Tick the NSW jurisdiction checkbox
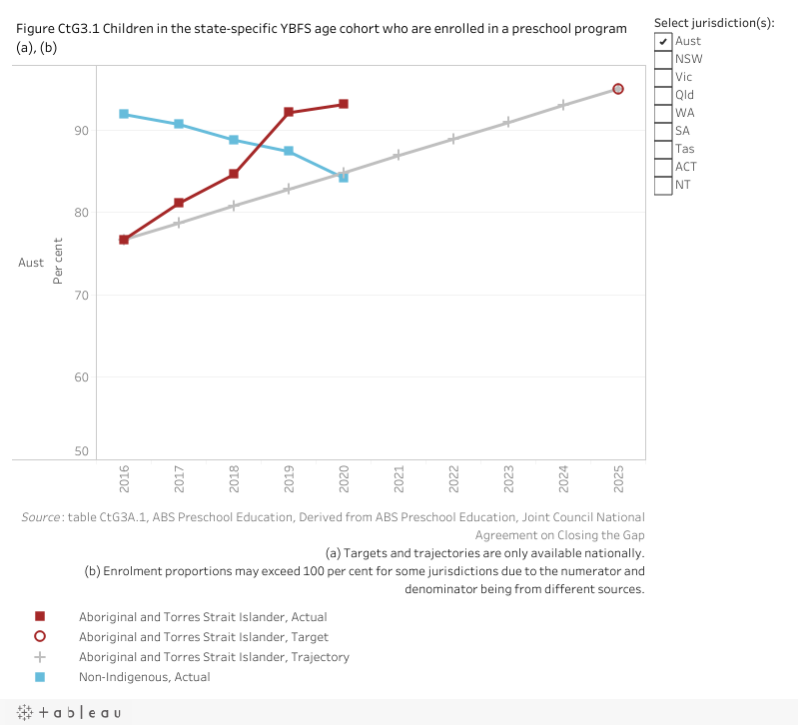pyautogui.click(x=663, y=59)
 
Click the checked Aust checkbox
pyautogui.click(x=663, y=41)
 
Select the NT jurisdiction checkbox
pyautogui.click(x=663, y=185)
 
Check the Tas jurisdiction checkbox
pyautogui.click(x=663, y=149)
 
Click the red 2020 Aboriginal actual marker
pyautogui.click(x=344, y=104)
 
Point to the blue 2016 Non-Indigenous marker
pyautogui.click(x=124, y=114)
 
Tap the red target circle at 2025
pyautogui.click(x=618, y=89)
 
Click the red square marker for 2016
pyautogui.click(x=124, y=240)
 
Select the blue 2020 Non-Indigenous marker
pyautogui.click(x=344, y=177)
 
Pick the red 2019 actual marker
pyautogui.click(x=289, y=112)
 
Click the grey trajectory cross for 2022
pyautogui.click(x=453, y=139)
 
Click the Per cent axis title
pyautogui.click(x=57, y=262)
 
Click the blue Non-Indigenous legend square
pyautogui.click(x=40, y=677)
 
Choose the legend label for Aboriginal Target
pyautogui.click(x=204, y=637)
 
